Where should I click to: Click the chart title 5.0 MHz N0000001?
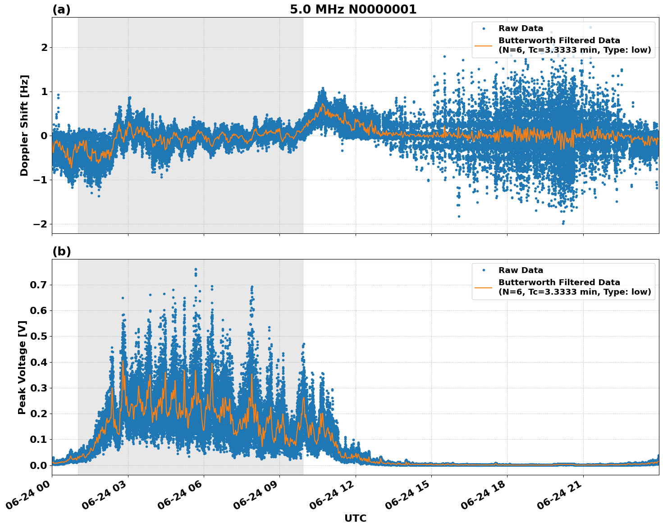[353, 9]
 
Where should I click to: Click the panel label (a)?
[61, 9]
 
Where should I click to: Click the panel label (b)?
[61, 251]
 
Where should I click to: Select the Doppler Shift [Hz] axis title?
[24, 125]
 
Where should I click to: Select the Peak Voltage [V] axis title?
[22, 367]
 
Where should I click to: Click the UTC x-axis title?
[355, 518]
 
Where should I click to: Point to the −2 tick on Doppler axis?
[38, 224]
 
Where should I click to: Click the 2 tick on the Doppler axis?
[44, 48]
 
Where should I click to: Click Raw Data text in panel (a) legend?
[521, 28]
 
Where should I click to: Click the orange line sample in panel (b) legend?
[484, 287]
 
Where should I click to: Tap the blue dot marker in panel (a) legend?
[484, 28]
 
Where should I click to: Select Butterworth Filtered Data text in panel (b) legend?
[559, 282]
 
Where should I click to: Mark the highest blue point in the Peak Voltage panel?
[196, 269]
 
